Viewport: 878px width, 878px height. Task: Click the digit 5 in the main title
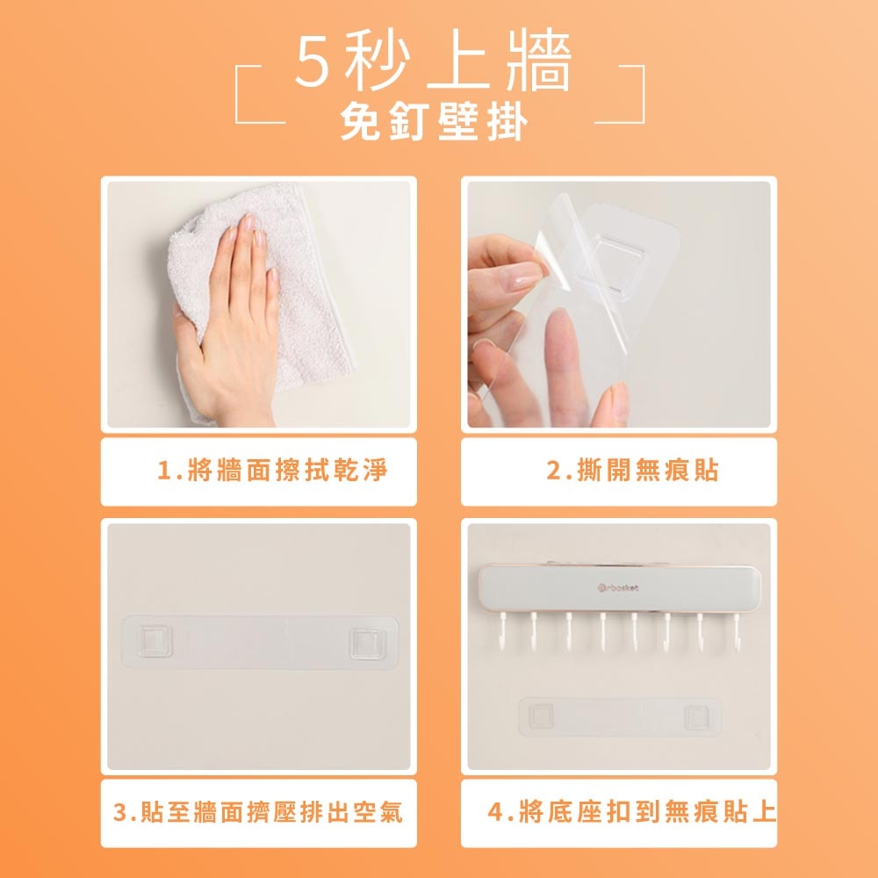coord(314,63)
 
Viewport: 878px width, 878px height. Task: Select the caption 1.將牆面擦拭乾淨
coord(272,471)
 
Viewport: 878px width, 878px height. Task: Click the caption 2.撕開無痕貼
coord(632,471)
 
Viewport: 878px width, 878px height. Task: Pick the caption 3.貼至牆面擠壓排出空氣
coord(259,812)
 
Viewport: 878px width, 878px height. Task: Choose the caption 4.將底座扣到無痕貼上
coord(632,812)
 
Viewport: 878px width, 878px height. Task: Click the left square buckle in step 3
coord(154,643)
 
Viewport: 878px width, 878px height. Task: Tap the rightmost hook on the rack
coord(732,630)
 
